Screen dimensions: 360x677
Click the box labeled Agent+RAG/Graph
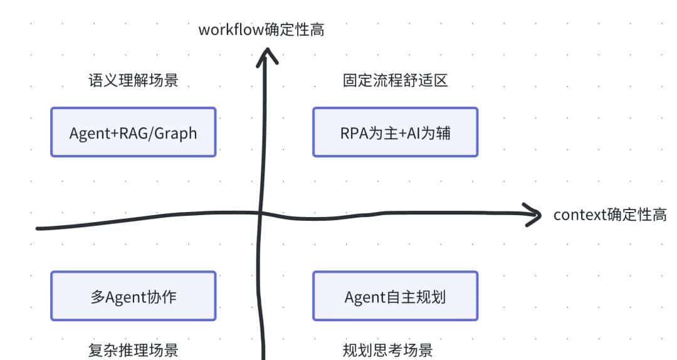click(133, 132)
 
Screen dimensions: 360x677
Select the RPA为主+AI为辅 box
click(395, 132)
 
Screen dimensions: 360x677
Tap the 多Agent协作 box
click(133, 296)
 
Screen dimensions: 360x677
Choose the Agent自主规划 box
click(395, 296)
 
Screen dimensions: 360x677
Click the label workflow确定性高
click(261, 29)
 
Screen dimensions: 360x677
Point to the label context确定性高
click(609, 215)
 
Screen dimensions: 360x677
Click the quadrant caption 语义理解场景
click(133, 80)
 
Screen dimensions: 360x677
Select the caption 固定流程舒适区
click(395, 80)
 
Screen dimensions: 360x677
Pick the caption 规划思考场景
click(387, 349)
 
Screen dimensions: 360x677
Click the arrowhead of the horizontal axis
click(534, 215)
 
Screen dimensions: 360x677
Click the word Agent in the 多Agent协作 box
click(125, 297)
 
